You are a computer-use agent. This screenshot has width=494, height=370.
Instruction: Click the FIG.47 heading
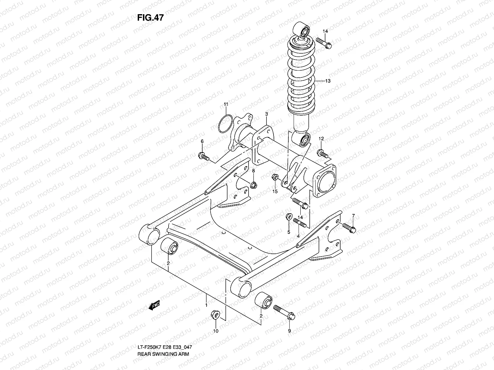tap(150, 18)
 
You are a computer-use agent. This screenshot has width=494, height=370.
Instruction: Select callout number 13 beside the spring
tap(328, 81)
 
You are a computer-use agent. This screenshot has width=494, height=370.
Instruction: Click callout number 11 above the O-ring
tap(226, 105)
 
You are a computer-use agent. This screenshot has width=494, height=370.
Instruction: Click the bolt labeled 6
tap(204, 156)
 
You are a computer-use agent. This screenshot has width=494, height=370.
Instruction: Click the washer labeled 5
tap(288, 217)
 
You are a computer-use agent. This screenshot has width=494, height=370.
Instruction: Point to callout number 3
tap(266, 114)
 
